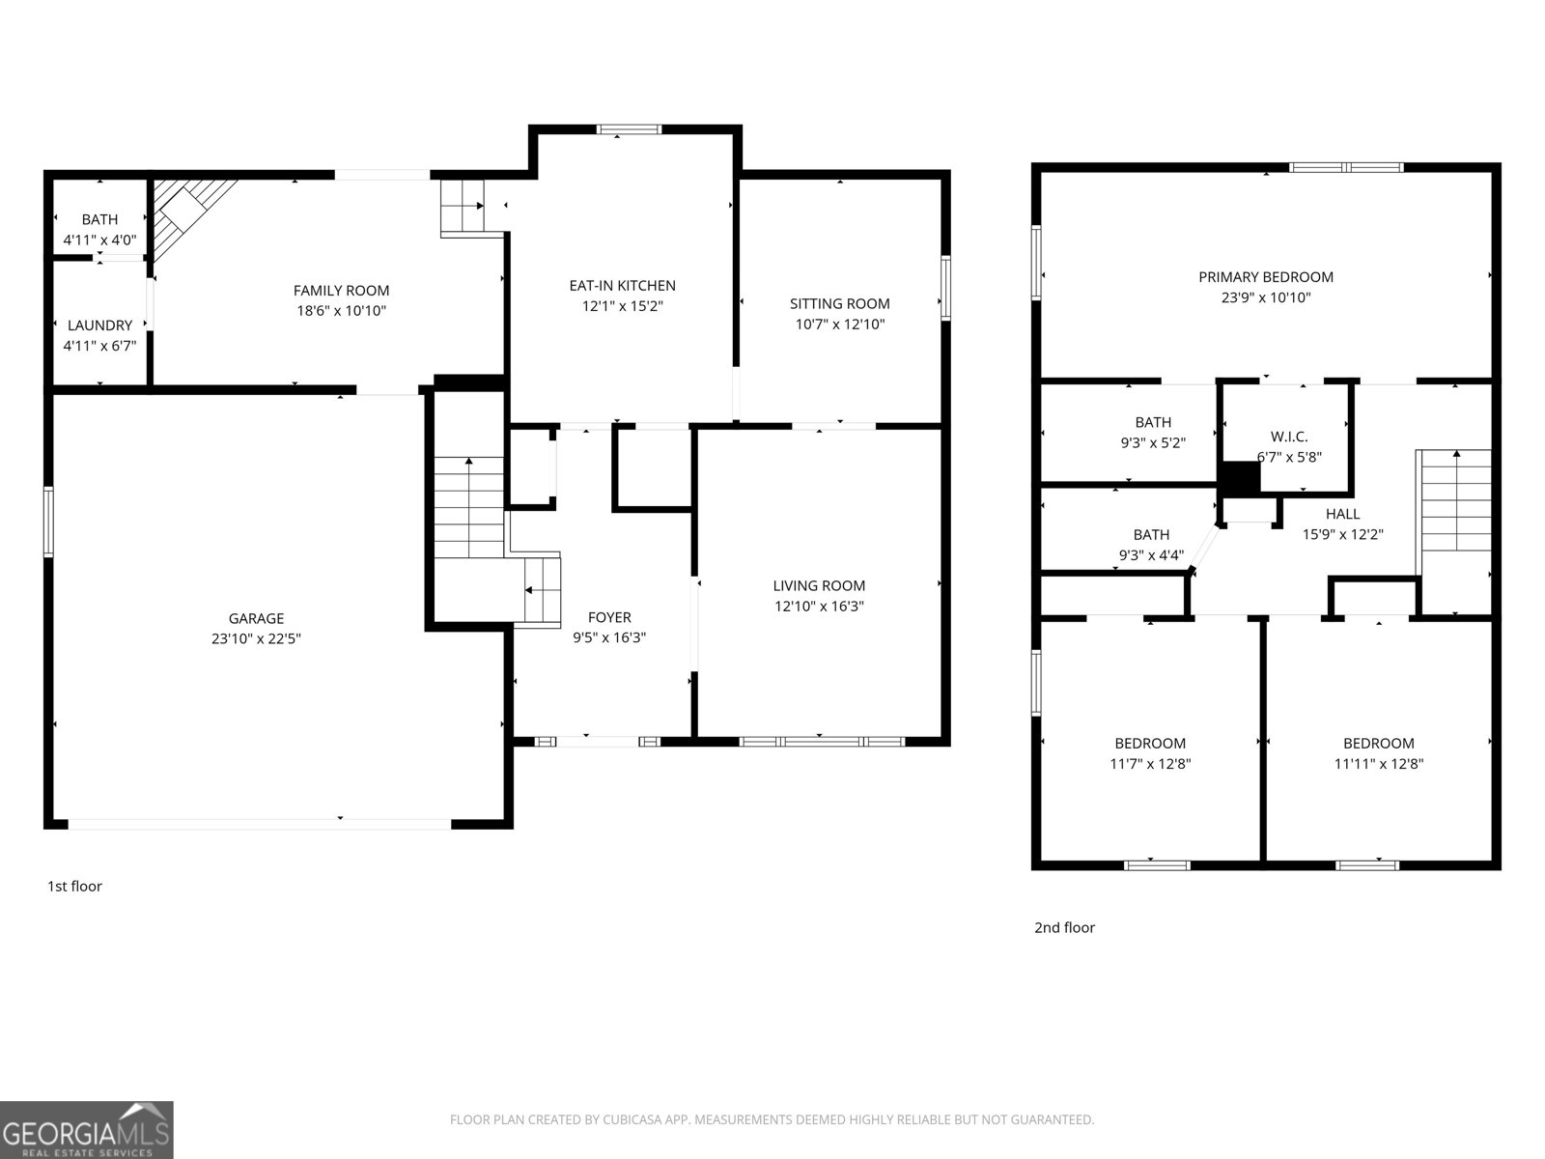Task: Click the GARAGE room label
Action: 256,618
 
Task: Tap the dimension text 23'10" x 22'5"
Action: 256,638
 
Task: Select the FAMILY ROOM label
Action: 341,290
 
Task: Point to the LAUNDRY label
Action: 99,325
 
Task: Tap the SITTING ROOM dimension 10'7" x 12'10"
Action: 839,325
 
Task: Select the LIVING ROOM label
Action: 819,585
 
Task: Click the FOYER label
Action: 609,617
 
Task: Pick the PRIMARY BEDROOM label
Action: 1265,277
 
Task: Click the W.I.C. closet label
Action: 1289,437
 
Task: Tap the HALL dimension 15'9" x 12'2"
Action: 1342,534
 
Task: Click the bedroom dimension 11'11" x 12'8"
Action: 1378,764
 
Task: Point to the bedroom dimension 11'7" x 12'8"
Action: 1149,764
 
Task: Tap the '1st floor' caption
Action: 74,886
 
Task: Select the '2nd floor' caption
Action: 1064,927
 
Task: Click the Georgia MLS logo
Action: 86,1130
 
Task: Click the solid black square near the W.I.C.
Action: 1241,478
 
